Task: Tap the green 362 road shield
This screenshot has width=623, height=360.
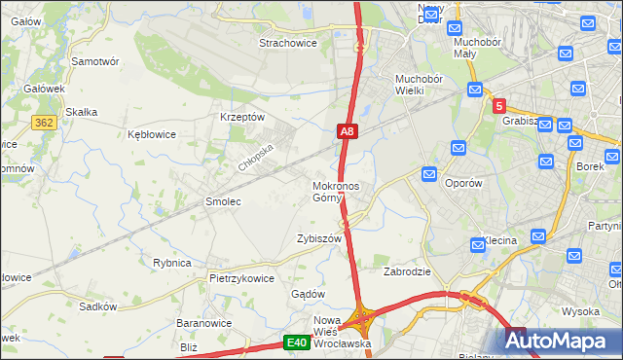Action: tap(43, 124)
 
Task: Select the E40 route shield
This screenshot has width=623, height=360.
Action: tap(297, 342)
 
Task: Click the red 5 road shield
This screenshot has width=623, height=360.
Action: tap(498, 106)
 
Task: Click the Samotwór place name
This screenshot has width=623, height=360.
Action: tap(95, 60)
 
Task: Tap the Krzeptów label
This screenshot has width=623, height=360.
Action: tap(242, 117)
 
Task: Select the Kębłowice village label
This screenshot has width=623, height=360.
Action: tap(152, 134)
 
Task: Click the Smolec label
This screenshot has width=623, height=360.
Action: tap(222, 201)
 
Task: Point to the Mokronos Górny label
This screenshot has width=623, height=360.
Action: tap(336, 192)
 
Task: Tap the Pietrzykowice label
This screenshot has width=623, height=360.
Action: tap(241, 277)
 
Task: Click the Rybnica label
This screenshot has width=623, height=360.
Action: tap(171, 263)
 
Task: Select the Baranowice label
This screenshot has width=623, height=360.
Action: tap(203, 322)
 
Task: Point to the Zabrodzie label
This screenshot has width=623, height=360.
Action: tap(407, 271)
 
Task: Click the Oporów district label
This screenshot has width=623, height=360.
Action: tap(463, 182)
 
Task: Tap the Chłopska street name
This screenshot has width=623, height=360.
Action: tap(257, 156)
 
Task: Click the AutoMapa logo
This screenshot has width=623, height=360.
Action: tap(559, 341)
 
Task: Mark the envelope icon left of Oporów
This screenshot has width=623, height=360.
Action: tap(429, 173)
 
